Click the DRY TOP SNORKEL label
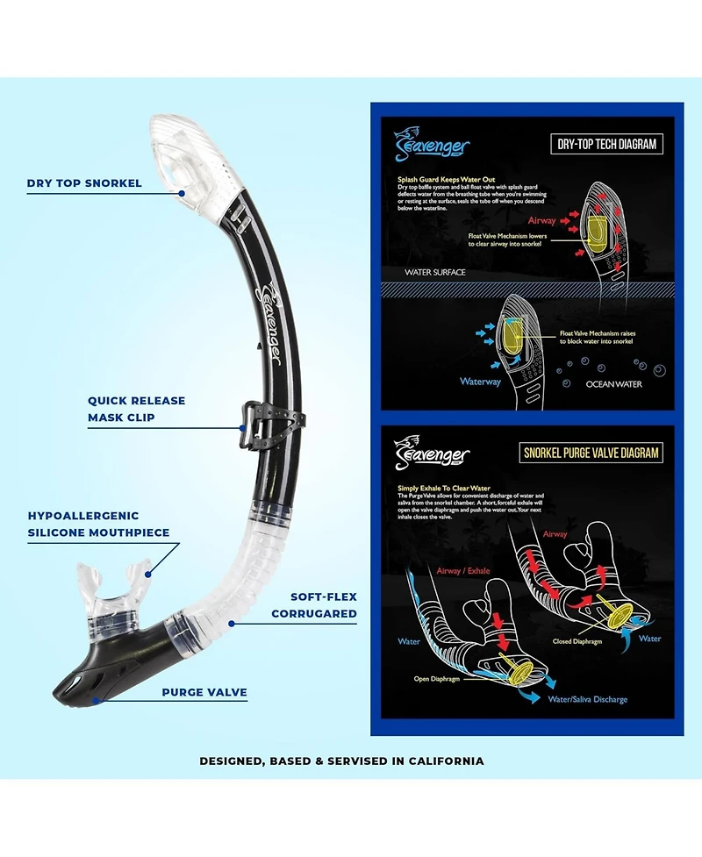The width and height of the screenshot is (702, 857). point(84,184)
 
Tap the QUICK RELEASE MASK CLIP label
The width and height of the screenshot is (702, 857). point(136,410)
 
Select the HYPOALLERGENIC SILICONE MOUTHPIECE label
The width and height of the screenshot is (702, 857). point(98,525)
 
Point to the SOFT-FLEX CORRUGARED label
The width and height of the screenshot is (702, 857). point(313,605)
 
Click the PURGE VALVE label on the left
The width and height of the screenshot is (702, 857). point(204,692)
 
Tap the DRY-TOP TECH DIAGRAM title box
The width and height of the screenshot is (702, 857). point(607,145)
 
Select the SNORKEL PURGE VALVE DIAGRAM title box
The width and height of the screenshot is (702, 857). point(591,453)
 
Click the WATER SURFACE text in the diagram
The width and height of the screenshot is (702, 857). point(435,273)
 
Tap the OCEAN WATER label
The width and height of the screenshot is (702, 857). point(614,384)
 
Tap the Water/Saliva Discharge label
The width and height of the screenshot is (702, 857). point(588,699)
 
